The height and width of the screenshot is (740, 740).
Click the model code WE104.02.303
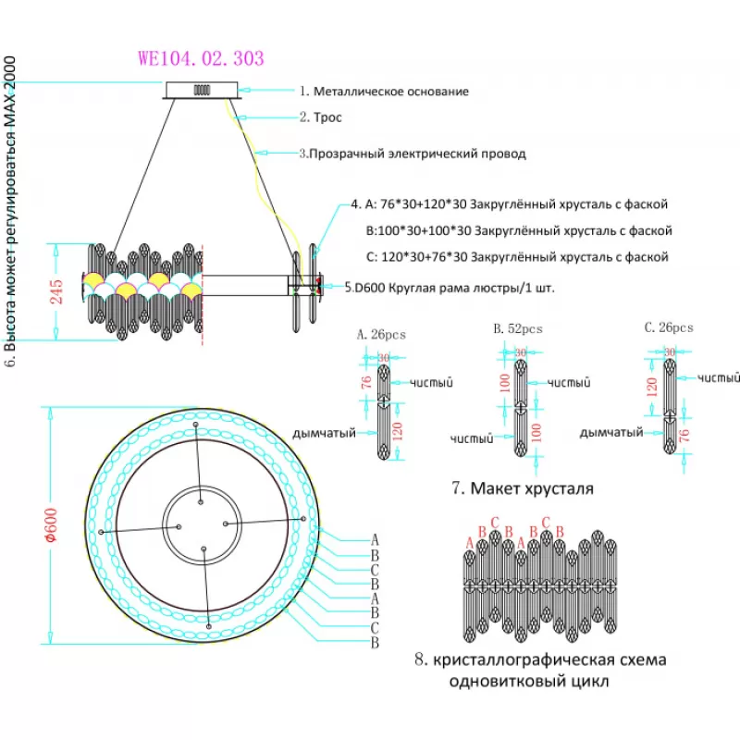click(x=201, y=58)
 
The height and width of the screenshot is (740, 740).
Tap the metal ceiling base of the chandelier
click(x=204, y=90)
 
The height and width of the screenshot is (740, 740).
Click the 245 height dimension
click(x=56, y=292)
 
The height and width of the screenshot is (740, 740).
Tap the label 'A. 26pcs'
click(x=381, y=335)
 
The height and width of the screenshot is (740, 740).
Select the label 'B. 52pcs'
click(x=518, y=328)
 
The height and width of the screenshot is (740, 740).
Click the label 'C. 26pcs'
click(x=669, y=327)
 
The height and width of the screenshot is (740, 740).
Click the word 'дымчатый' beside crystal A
click(x=324, y=432)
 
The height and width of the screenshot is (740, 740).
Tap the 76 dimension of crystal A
click(x=365, y=381)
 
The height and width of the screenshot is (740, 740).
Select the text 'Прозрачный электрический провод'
click(x=417, y=154)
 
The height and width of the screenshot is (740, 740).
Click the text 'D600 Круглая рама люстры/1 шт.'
click(x=454, y=288)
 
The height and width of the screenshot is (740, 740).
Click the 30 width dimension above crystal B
click(x=521, y=352)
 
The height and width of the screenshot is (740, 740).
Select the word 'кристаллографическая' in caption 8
click(x=517, y=660)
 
